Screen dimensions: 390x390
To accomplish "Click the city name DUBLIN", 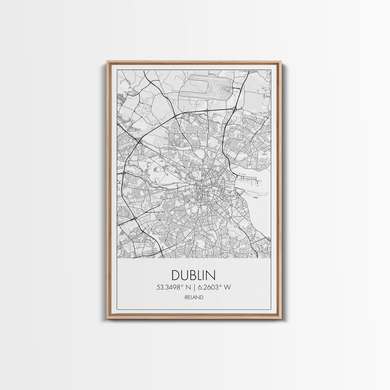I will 193,276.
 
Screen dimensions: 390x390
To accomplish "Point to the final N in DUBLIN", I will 211,276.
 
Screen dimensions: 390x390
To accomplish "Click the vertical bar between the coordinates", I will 193,287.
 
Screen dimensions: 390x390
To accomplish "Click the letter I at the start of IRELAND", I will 185,297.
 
